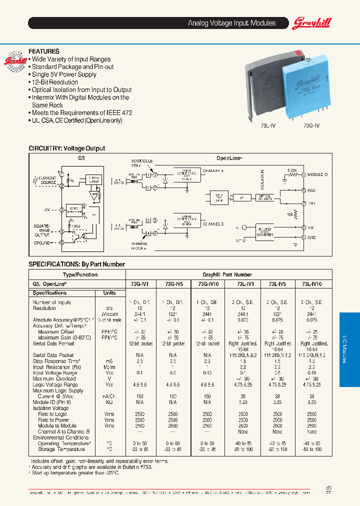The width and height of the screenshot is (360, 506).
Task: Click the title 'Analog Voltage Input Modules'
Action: click(231, 23)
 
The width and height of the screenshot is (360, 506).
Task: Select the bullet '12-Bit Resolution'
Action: click(54, 82)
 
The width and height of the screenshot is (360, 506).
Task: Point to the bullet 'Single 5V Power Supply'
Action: click(64, 74)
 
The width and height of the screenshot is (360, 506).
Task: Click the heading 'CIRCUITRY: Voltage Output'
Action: click(66, 148)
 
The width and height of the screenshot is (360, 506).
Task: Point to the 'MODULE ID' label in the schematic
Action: click(317, 174)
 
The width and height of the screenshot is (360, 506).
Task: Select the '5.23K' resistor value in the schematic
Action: click(292, 170)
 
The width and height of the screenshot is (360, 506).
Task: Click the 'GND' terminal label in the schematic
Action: click(312, 238)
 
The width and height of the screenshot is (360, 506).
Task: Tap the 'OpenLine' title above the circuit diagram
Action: click(229, 158)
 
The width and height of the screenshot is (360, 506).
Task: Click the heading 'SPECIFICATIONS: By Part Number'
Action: click(76, 264)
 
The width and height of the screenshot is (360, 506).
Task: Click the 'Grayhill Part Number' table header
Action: click(227, 274)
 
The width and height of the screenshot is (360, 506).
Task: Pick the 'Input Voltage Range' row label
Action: click(55, 373)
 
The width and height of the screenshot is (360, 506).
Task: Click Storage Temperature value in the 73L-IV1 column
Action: click(243, 449)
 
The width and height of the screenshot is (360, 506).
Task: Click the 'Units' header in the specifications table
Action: click(109, 293)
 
